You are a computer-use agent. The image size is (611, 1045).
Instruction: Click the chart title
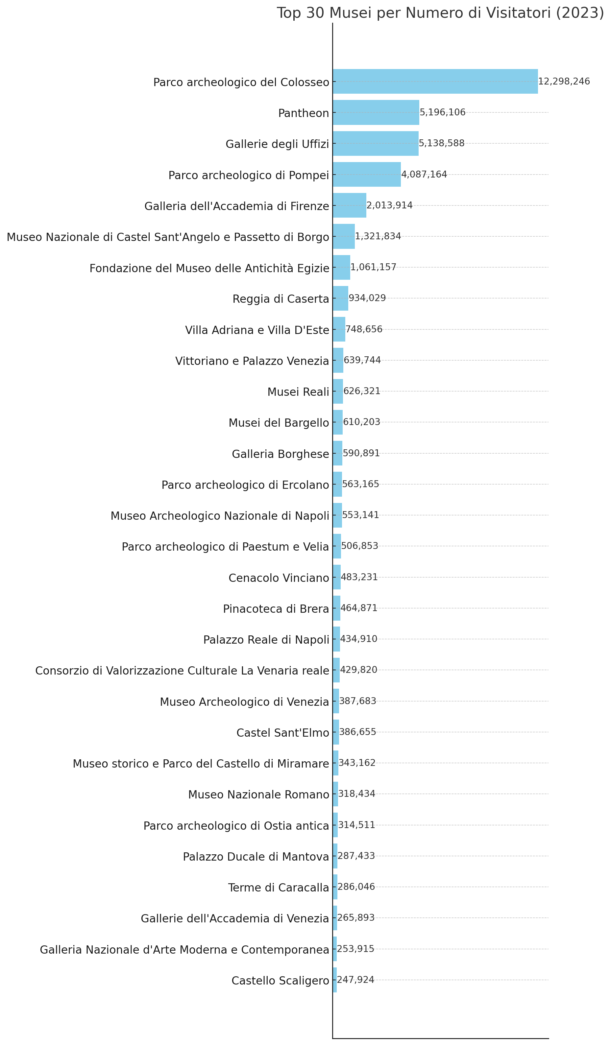click(x=440, y=13)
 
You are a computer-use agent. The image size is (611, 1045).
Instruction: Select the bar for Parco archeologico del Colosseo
click(x=435, y=81)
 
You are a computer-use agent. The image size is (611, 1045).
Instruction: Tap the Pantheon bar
click(x=376, y=112)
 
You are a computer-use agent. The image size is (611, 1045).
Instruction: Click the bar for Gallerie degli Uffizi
click(x=376, y=143)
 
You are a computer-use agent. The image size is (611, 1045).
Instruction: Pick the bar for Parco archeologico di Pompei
click(x=367, y=174)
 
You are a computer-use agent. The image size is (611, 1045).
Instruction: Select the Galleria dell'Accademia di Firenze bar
click(x=349, y=205)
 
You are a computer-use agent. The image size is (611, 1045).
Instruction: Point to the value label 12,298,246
click(x=564, y=81)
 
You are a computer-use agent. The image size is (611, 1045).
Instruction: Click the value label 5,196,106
click(x=443, y=112)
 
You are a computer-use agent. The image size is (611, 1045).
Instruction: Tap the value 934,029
click(x=367, y=298)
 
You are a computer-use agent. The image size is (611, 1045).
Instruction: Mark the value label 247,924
click(x=355, y=988)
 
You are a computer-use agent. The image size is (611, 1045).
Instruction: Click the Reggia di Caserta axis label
click(x=281, y=299)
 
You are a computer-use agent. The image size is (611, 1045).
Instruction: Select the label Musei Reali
click(x=298, y=392)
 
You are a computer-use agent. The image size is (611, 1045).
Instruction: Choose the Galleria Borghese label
click(x=281, y=454)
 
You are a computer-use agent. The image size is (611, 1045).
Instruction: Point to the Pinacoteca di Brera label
click(x=276, y=609)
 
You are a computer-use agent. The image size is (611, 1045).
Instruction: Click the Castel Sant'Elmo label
click(x=283, y=733)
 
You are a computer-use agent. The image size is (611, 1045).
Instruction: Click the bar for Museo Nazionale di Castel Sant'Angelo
click(x=343, y=236)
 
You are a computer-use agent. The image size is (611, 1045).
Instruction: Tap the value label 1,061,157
click(x=373, y=267)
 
